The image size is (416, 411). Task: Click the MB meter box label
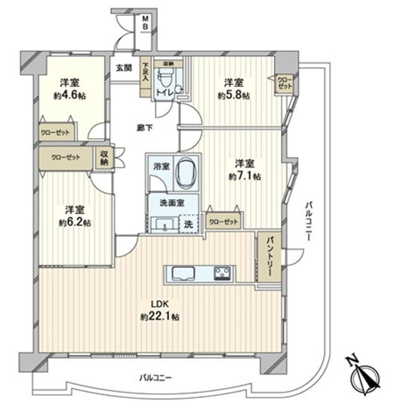pos(145,22)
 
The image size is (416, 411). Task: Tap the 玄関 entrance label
pos(124,68)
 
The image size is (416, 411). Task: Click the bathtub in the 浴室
pos(186,174)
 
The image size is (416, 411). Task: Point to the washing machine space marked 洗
pos(188,224)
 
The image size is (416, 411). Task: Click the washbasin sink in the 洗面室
pos(164,224)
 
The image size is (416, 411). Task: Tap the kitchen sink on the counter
pos(183,273)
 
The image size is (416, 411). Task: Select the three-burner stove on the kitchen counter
pos(222,273)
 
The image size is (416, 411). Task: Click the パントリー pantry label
pos(270,256)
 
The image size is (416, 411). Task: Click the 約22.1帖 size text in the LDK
pos(160,317)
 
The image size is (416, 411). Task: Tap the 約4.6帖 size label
pos(70,96)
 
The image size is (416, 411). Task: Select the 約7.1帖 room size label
pos(245,176)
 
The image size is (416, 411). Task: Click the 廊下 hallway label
pos(145,128)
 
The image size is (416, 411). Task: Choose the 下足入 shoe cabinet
pos(145,77)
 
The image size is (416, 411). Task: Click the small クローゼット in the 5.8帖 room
pos(285,84)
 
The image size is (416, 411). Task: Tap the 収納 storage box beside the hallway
pos(104,158)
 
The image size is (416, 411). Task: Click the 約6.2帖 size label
pos(75,223)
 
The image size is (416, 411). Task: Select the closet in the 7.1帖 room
pos(223,221)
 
